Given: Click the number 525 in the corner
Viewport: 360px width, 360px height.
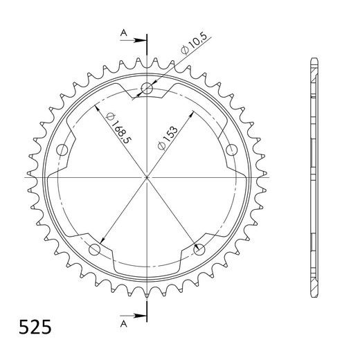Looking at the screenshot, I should [x=32, y=326].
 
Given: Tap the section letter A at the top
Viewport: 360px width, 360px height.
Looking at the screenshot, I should [x=123, y=32].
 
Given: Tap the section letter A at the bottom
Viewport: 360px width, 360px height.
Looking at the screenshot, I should [x=123, y=323].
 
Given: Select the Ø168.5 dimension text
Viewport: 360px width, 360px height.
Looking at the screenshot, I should [x=117, y=127].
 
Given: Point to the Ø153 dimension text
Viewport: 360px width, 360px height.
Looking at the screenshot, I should [x=169, y=134].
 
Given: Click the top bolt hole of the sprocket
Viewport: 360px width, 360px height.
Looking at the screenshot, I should [x=147, y=88].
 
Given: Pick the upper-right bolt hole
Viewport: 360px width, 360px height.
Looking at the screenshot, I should [x=233, y=150].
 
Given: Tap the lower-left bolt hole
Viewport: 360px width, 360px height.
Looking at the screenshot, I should [x=95, y=249].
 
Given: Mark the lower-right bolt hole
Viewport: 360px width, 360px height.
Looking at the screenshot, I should [x=200, y=249].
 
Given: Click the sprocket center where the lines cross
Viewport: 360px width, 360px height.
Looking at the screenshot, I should [x=147, y=177].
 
